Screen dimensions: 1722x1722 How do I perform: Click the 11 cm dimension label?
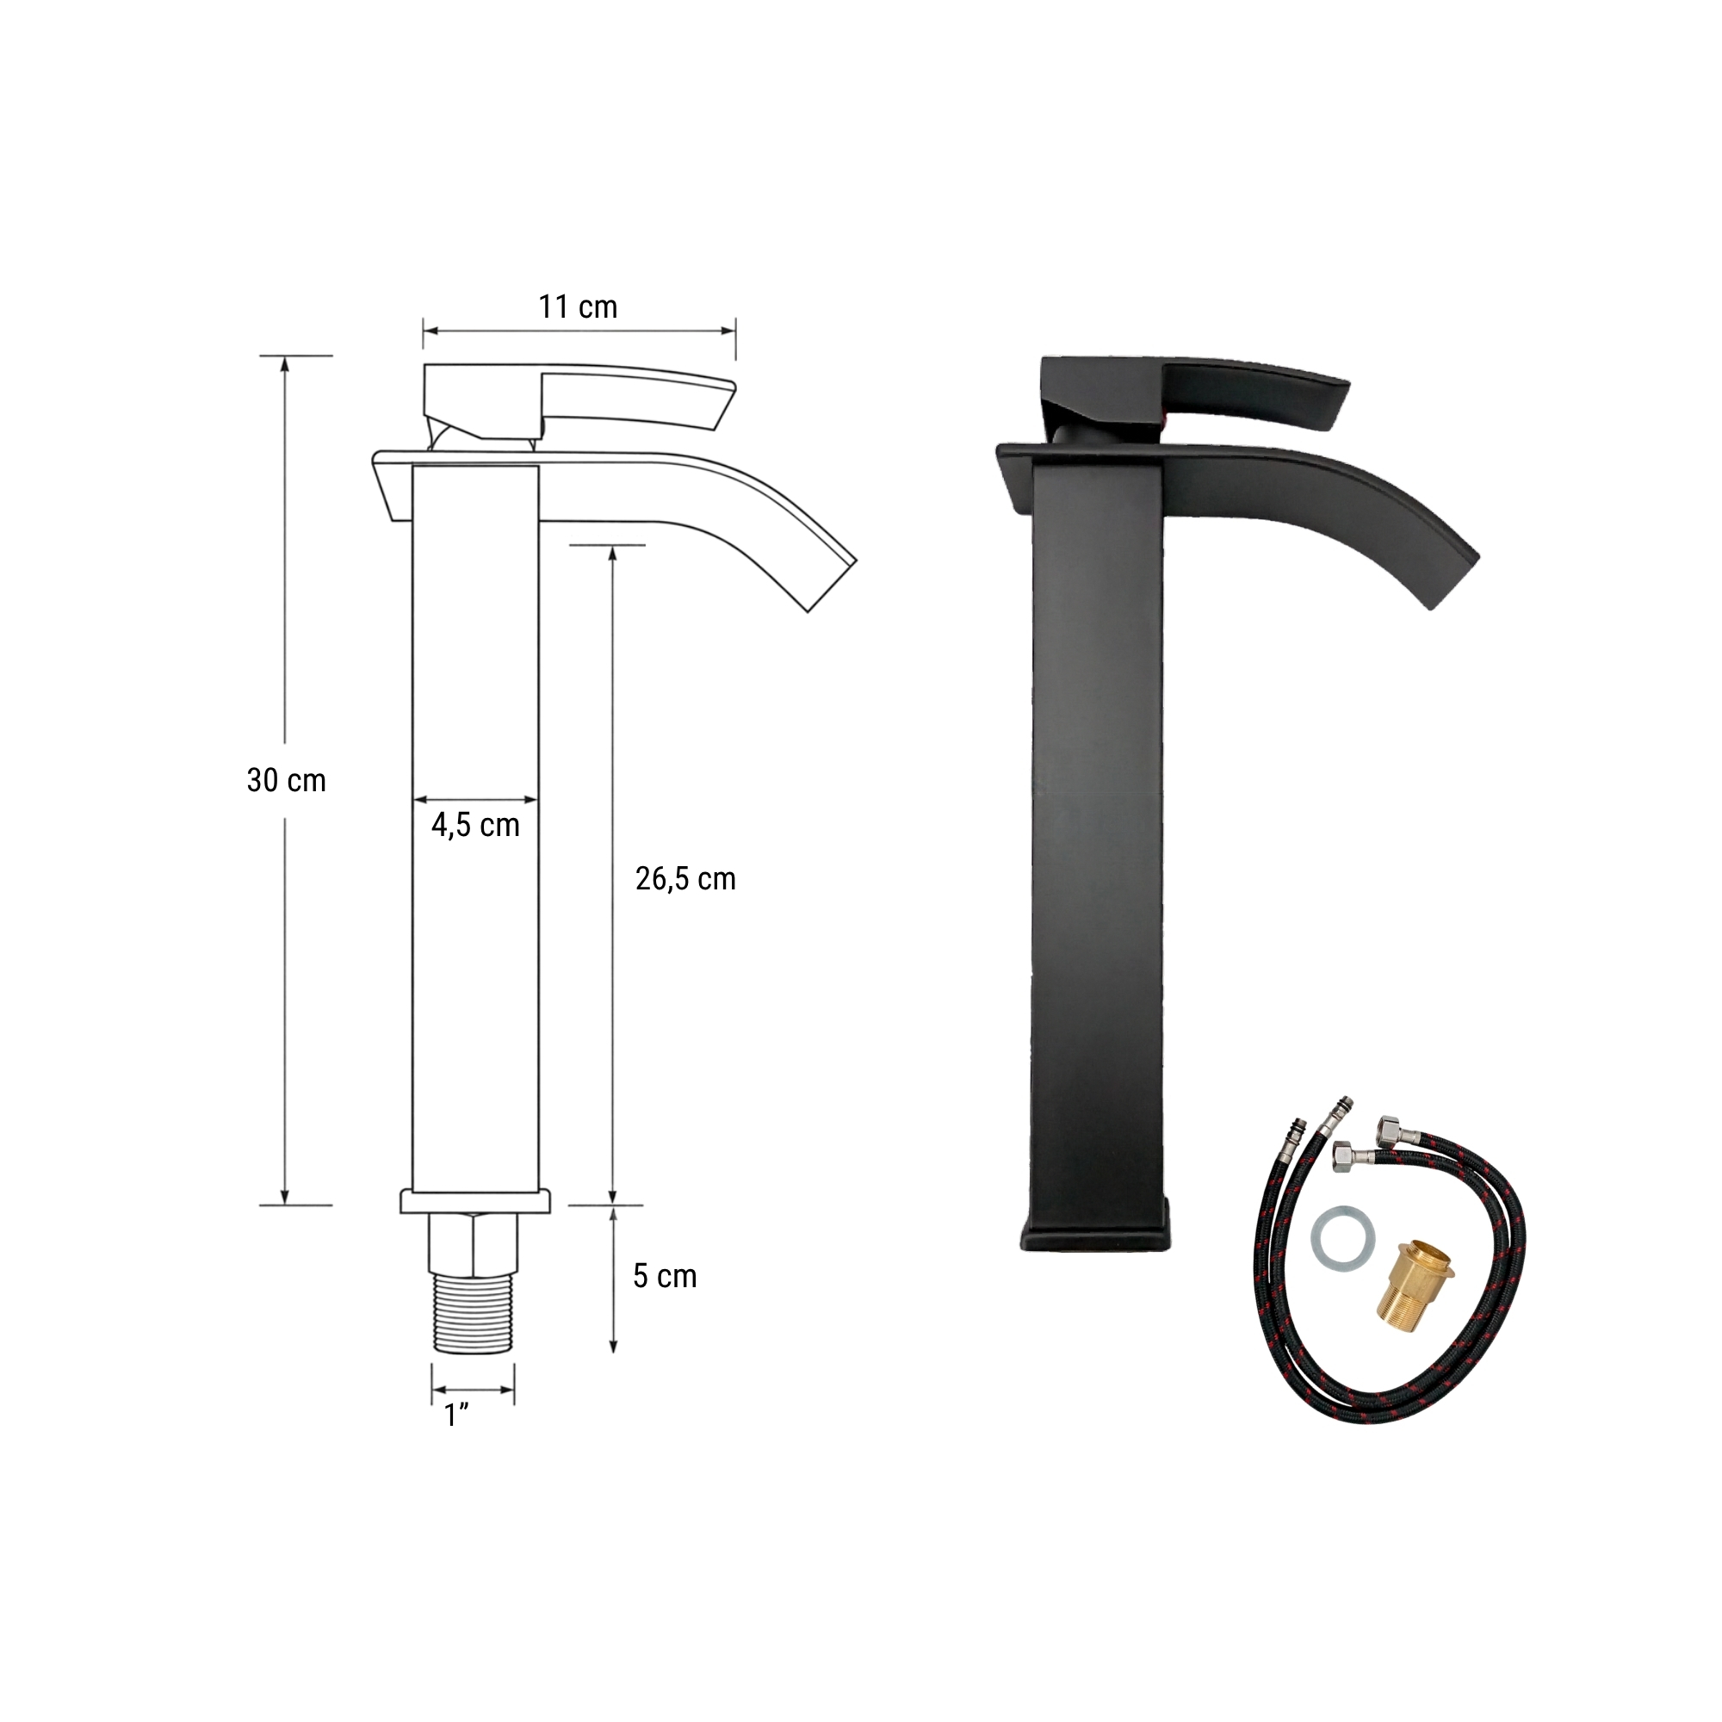click(578, 307)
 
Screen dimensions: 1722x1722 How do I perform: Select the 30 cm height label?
click(286, 781)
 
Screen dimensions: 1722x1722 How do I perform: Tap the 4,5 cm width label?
click(475, 826)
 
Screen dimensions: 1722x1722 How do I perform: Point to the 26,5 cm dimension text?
click(685, 879)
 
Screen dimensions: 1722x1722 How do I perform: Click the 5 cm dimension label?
click(665, 1276)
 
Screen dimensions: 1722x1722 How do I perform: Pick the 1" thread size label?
click(456, 1415)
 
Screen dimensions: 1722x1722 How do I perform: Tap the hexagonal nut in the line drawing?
click(474, 1243)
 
